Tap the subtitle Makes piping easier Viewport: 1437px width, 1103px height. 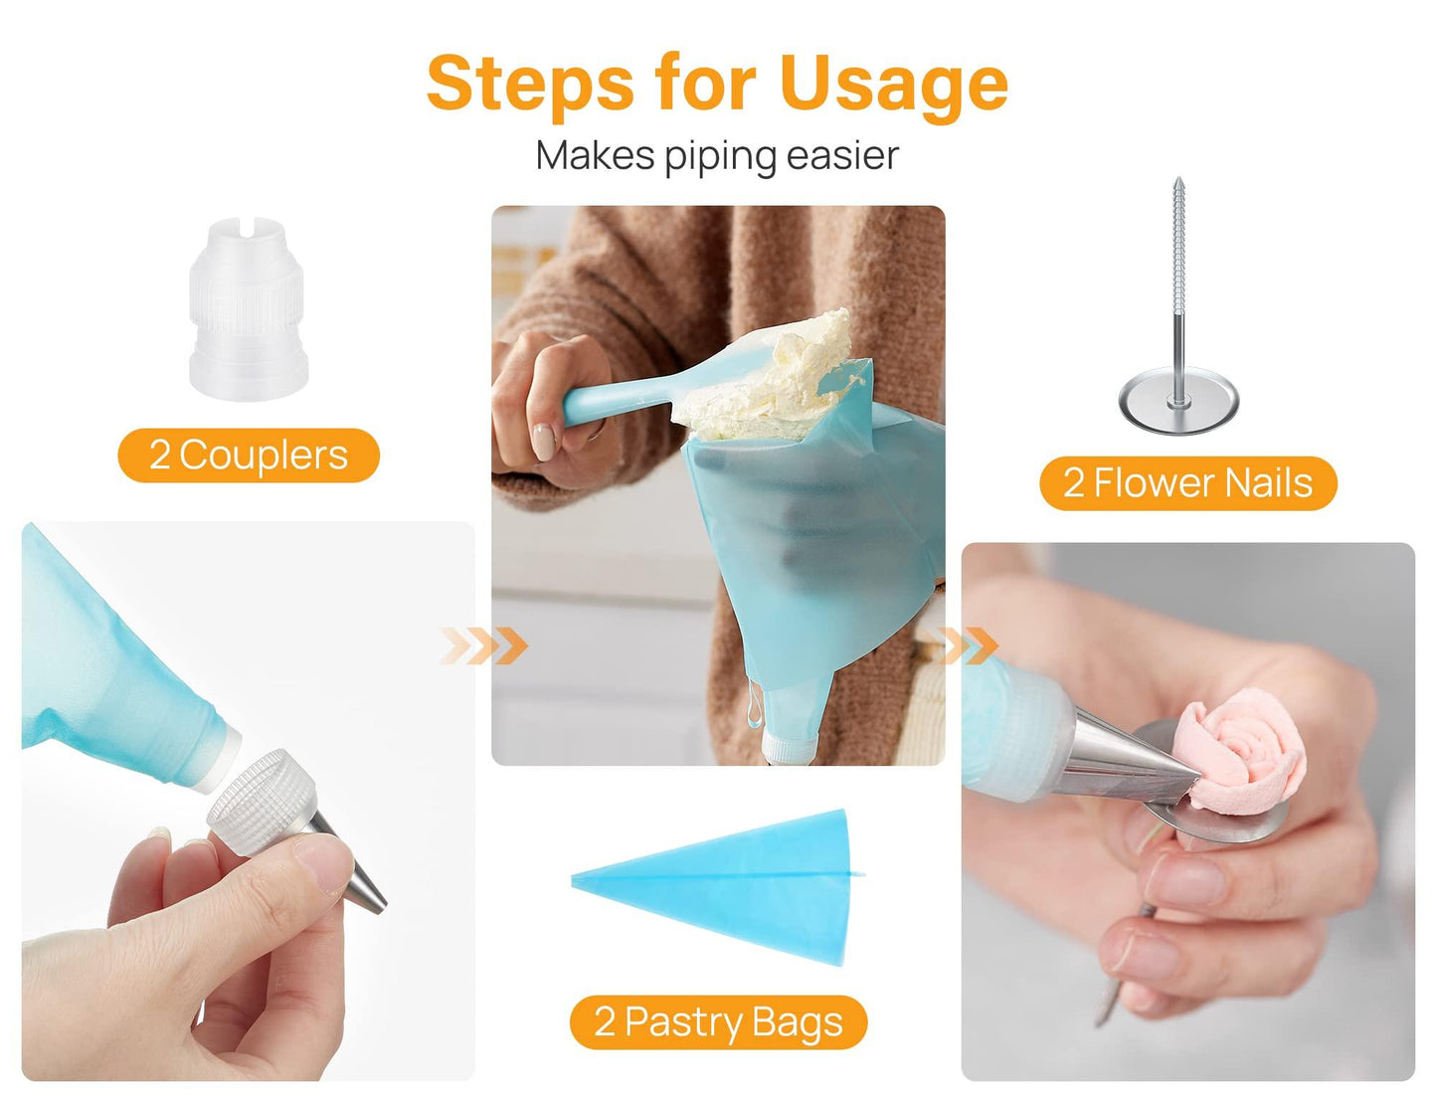click(717, 156)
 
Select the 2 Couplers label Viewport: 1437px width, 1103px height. click(249, 456)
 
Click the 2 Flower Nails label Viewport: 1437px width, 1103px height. click(1187, 483)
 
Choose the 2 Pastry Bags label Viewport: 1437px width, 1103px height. click(718, 1022)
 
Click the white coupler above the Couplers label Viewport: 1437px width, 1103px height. click(248, 308)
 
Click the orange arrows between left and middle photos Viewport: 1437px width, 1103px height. click(483, 645)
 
